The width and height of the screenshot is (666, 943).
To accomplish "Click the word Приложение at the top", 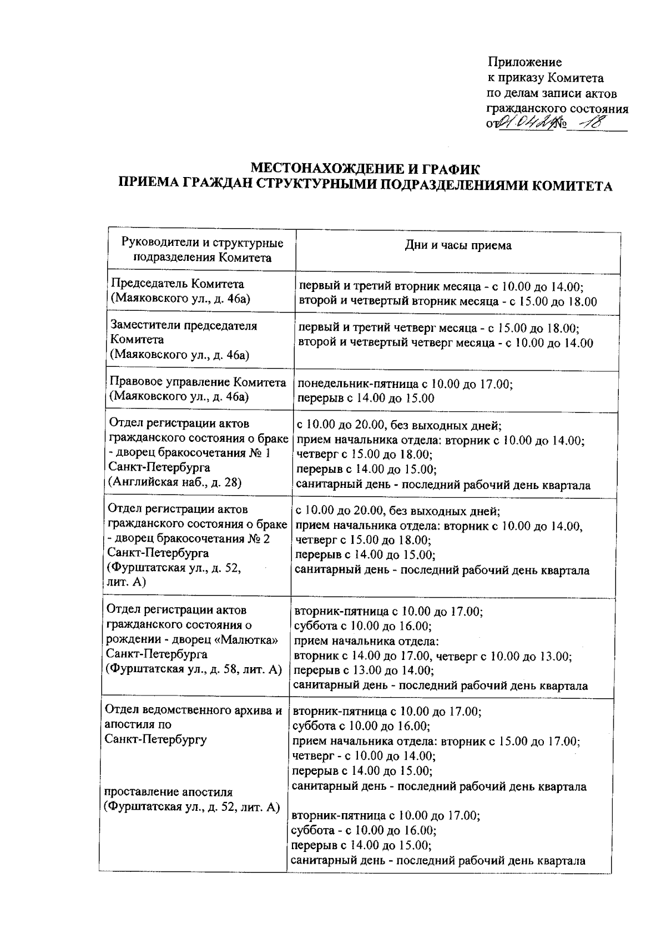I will pos(524,62).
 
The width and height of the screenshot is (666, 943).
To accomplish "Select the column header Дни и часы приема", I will pos(458,245).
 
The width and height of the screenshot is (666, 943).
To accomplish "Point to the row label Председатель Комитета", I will pos(178,284).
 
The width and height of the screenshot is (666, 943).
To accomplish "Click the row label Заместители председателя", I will pos(184,326).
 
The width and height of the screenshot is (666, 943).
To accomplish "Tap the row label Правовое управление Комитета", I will pos(198,382).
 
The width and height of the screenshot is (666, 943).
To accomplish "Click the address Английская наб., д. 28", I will pos(175,482).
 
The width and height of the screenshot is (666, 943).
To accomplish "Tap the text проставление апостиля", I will pos(168,792).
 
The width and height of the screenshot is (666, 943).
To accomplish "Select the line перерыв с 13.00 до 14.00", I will pos(363,671).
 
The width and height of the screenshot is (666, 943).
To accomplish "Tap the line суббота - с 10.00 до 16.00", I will pos(364,831).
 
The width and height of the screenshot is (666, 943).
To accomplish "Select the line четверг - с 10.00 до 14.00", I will pos(364,755).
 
